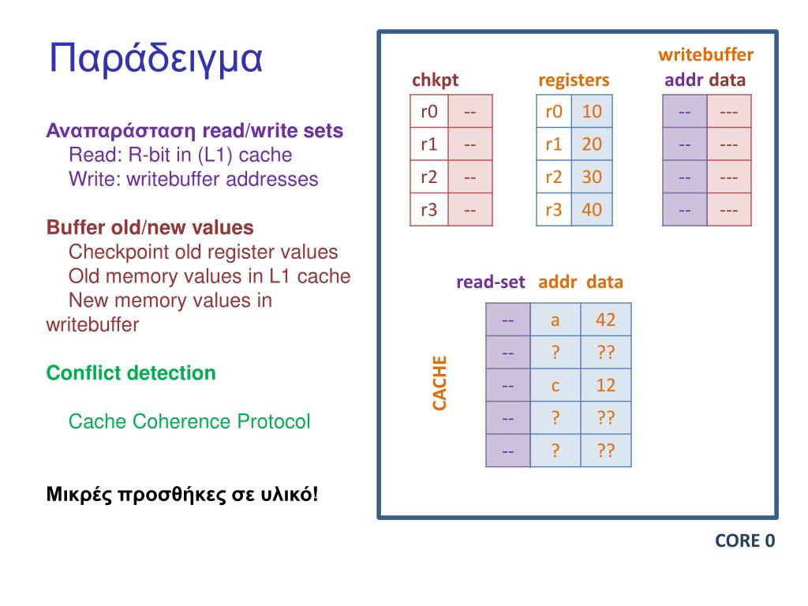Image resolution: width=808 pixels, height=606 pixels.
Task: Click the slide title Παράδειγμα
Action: [x=155, y=59]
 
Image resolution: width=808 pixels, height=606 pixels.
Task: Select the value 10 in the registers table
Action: [x=592, y=111]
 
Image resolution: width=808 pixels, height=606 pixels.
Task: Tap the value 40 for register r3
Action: [x=592, y=210]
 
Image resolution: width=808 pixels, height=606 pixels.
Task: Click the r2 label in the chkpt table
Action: [x=429, y=177]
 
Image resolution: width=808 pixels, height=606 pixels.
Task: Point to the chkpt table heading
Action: [x=435, y=80]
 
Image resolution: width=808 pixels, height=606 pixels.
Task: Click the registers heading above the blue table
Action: [x=574, y=80]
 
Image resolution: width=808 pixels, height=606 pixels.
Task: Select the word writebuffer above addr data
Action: [x=705, y=55]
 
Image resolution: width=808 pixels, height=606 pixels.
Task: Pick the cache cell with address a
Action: [x=555, y=320]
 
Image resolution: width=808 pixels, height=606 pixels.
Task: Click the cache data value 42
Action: [x=605, y=320]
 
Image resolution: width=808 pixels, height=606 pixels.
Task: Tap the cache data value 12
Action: [x=605, y=385]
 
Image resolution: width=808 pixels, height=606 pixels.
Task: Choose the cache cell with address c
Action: [x=555, y=385]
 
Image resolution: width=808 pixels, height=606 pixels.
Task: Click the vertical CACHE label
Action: [x=440, y=383]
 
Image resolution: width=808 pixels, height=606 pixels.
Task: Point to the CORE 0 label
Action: [x=745, y=541]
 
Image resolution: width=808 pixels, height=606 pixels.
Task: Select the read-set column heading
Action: [x=490, y=282]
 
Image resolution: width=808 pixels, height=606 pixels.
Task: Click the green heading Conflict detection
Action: [x=131, y=372]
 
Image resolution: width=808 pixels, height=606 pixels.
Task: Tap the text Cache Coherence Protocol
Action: [x=189, y=421]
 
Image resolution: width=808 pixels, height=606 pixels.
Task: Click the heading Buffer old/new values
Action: [x=150, y=228]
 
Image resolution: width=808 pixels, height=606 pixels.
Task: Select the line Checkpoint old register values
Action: [x=203, y=252]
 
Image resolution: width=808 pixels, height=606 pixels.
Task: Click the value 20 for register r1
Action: [x=592, y=144]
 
